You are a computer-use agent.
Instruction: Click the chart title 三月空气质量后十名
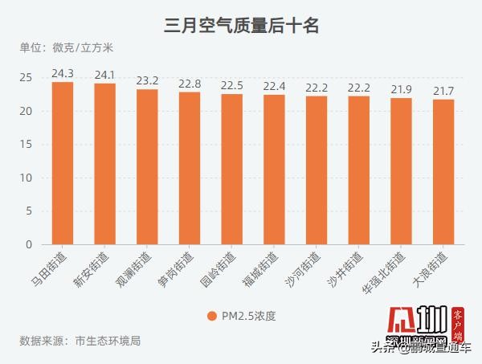pos(242,26)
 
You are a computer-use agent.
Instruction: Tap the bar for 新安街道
pos(104,164)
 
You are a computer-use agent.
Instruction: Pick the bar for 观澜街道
pos(147,167)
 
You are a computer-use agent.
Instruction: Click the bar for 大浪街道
pos(443,172)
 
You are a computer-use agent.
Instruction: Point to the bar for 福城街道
pos(274,170)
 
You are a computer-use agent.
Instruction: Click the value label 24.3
pos(63,74)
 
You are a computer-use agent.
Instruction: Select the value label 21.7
pos(443,92)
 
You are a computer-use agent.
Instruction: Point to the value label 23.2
pos(147,81)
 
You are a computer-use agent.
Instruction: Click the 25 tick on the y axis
pos(26,78)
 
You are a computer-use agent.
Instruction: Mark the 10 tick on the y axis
pos(26,178)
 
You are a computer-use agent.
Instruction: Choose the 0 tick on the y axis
pos(29,244)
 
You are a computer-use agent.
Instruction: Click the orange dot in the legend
pos(211,316)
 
